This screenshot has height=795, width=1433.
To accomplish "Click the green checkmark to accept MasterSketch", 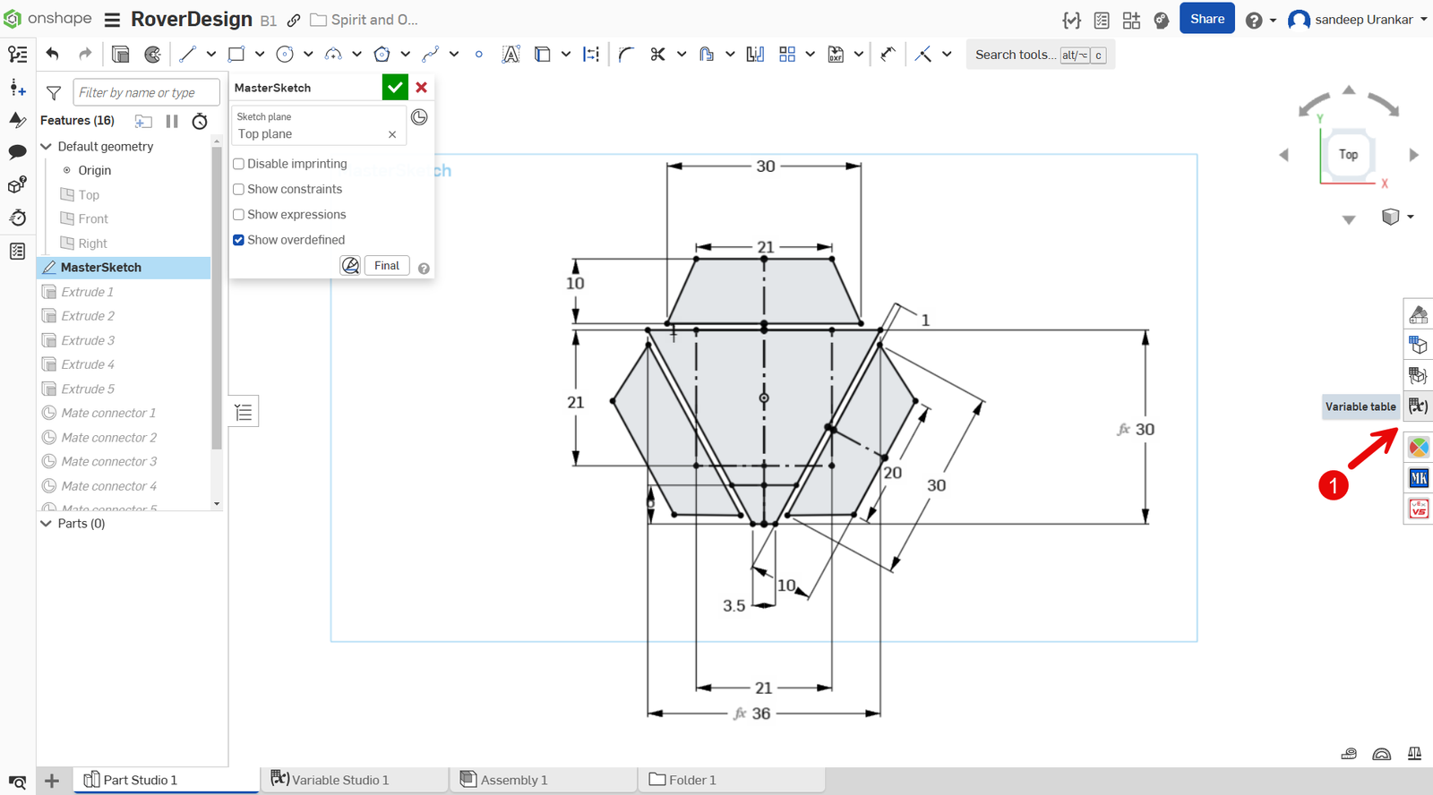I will tap(395, 88).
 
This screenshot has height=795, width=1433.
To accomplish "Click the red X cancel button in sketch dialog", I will tap(421, 88).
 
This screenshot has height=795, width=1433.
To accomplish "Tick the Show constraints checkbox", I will tap(238, 190).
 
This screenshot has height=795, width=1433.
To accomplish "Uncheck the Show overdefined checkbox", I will tap(238, 240).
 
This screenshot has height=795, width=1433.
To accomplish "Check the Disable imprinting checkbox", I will tap(238, 164).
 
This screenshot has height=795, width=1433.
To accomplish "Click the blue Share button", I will tap(1206, 19).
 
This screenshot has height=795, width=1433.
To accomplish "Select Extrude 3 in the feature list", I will tap(88, 340).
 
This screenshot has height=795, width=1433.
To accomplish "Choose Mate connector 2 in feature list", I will tap(108, 438).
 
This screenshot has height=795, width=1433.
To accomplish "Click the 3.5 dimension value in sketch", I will tap(734, 606).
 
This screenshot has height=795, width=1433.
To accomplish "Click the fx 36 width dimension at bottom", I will tap(759, 714).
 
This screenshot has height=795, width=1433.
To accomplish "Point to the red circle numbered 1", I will tap(1333, 485).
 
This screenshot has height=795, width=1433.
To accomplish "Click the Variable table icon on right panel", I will tap(1418, 406).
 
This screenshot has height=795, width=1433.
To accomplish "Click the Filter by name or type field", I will tap(146, 92).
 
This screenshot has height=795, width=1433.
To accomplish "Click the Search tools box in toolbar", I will tap(1014, 55).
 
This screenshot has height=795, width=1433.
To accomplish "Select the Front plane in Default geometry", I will tap(92, 219).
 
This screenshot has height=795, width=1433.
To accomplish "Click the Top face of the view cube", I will tap(1348, 155).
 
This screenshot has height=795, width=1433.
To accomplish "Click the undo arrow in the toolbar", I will tap(53, 55).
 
